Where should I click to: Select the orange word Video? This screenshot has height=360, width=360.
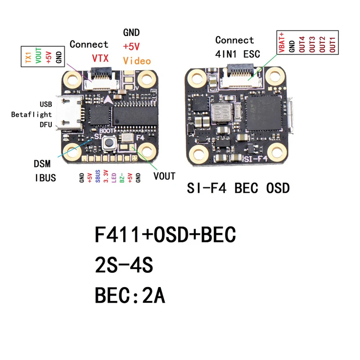click(137, 61)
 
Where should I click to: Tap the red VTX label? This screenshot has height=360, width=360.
click(100, 58)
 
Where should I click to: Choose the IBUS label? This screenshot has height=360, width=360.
click(45, 178)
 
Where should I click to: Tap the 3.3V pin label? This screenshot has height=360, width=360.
click(106, 177)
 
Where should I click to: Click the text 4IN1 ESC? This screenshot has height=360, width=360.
click(238, 54)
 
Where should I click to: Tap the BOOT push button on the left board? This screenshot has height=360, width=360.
click(109, 144)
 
